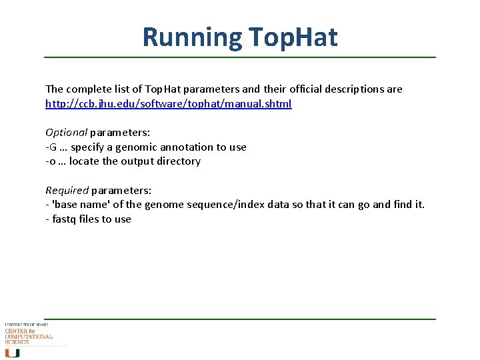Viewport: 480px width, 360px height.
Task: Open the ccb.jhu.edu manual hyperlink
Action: click(168, 104)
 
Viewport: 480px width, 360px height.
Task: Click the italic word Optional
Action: click(66, 133)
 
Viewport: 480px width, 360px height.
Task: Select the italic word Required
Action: click(67, 190)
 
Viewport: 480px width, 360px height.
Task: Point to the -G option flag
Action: click(51, 147)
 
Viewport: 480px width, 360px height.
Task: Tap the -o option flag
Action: click(50, 161)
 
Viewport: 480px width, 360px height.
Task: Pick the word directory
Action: click(178, 161)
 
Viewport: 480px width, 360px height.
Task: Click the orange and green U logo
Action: click(12, 352)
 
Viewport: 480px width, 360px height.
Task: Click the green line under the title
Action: click(240, 57)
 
